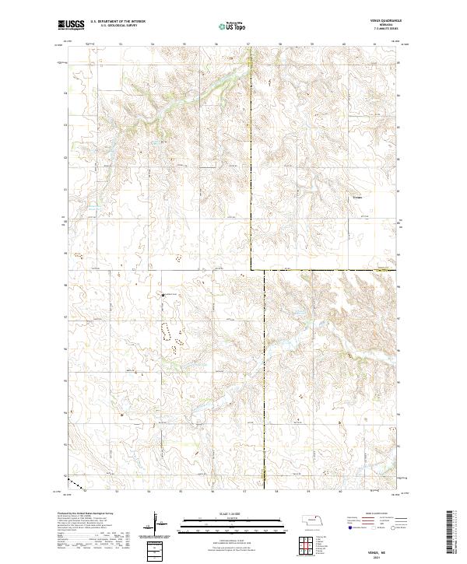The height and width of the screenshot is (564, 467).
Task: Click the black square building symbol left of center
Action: point(163,296)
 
